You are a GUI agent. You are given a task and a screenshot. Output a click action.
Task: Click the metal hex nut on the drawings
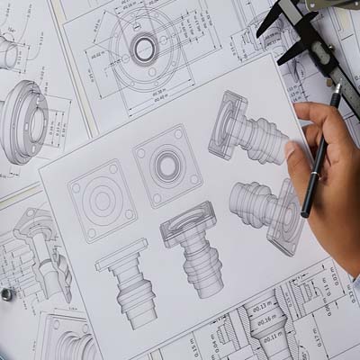coord(6,293)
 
